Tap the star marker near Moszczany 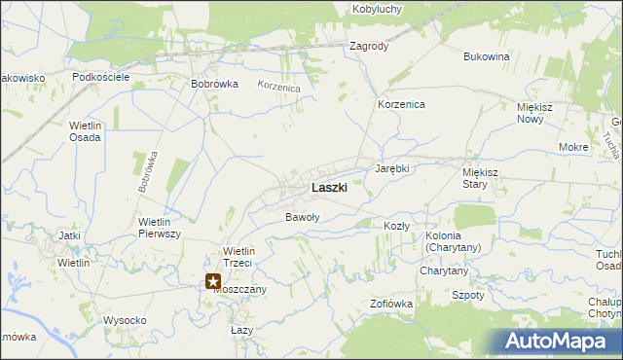tap(213, 281)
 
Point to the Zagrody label tap(369, 46)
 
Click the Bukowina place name tap(487, 56)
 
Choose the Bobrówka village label tap(215, 84)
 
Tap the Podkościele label tap(101, 77)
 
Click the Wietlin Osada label tap(86, 131)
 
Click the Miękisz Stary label tap(481, 177)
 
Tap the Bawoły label tap(302, 217)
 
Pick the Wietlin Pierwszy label tap(161, 228)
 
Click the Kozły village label tap(396, 226)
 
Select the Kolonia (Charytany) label tap(454, 242)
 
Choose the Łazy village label tap(240, 331)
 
